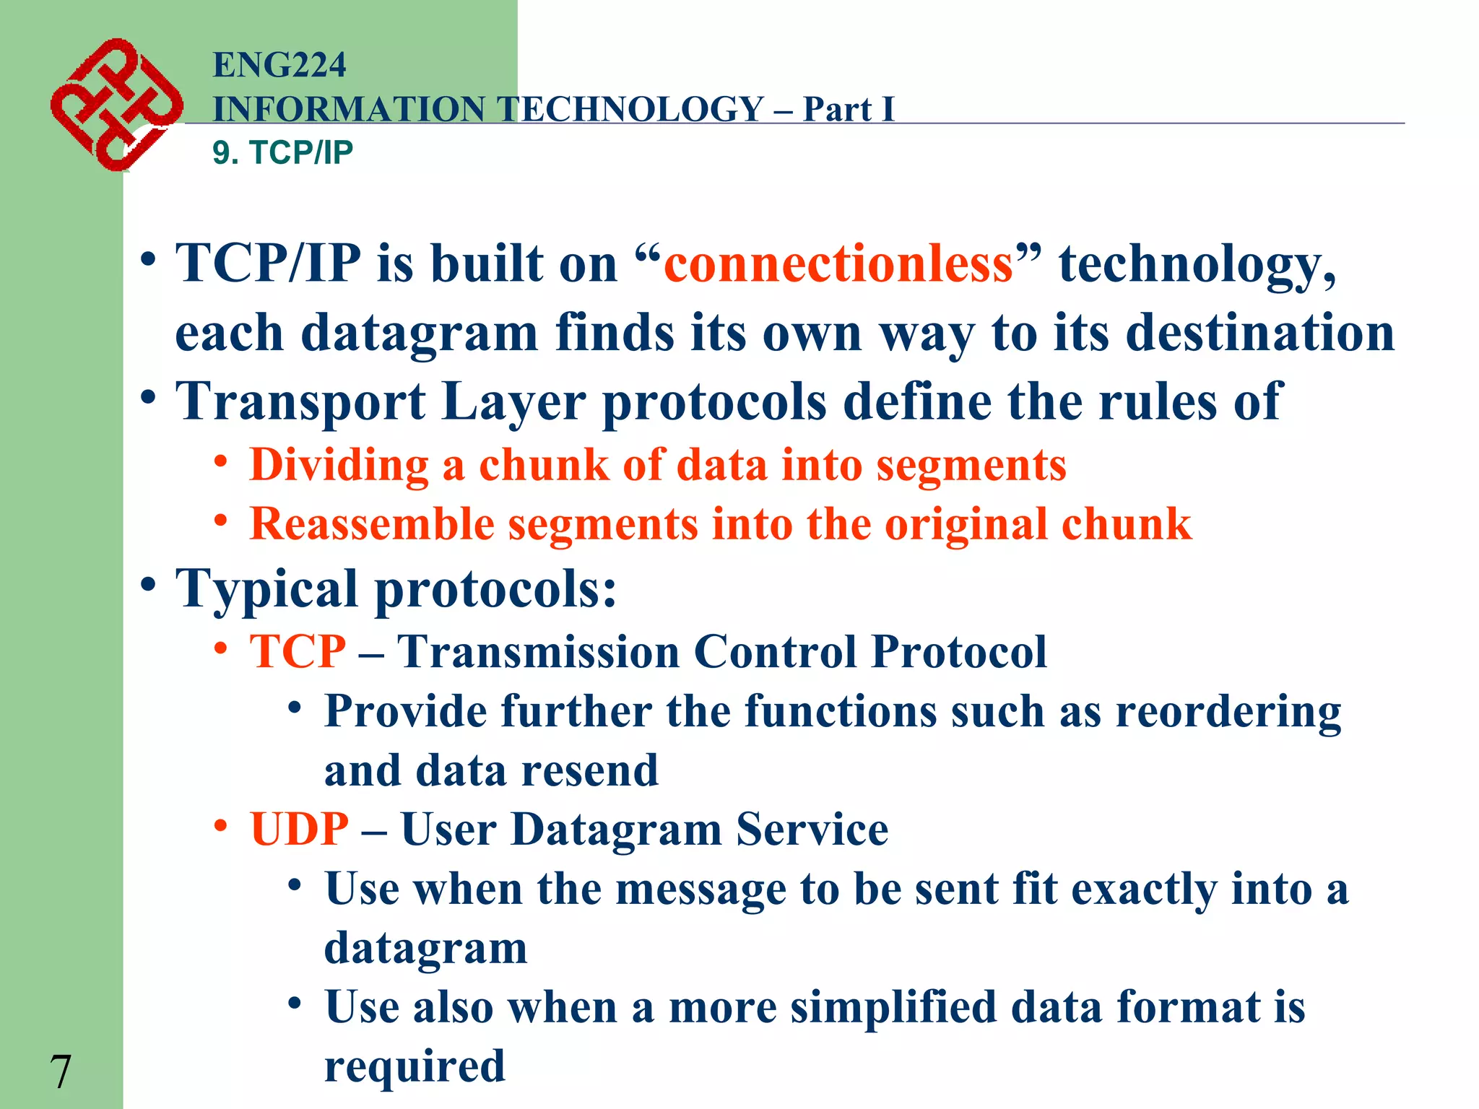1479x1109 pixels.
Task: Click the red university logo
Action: pyautogui.click(x=116, y=105)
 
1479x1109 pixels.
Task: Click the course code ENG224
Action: pyautogui.click(x=279, y=65)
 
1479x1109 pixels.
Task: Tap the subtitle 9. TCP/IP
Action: pyautogui.click(x=282, y=153)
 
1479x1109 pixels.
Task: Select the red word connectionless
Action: pyautogui.click(x=838, y=264)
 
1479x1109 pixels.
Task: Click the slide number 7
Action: pyautogui.click(x=61, y=1072)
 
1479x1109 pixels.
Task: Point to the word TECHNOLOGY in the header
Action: pyautogui.click(x=632, y=110)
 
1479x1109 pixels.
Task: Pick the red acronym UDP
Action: pyautogui.click(x=299, y=829)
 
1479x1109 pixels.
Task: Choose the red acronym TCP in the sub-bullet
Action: pyautogui.click(x=298, y=652)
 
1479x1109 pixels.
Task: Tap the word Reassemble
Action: pyautogui.click(x=371, y=524)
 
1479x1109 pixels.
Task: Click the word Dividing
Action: pyautogui.click(x=339, y=465)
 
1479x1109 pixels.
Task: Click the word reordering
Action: pyautogui.click(x=1228, y=713)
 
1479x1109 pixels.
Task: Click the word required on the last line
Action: pyautogui.click(x=415, y=1066)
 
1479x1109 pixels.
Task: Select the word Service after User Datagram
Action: pyautogui.click(x=812, y=829)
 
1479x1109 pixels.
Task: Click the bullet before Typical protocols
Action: pyautogui.click(x=148, y=584)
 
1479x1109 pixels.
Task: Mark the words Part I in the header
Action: pyautogui.click(x=849, y=110)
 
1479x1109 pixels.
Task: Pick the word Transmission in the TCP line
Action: pyautogui.click(x=539, y=652)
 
